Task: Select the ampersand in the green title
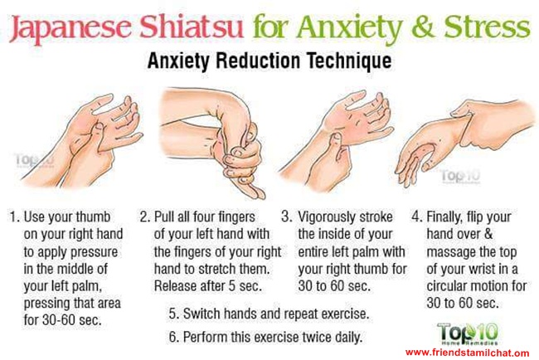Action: tap(425, 27)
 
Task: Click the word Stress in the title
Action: tap(487, 27)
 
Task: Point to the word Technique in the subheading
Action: tap(349, 61)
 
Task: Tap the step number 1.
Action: tap(13, 217)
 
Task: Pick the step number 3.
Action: tap(287, 217)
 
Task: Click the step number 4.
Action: tap(416, 217)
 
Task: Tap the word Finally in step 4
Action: tap(444, 218)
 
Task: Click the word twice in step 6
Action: tap(316, 338)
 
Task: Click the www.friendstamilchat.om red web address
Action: tap(467, 353)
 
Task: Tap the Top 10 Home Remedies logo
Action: tap(468, 333)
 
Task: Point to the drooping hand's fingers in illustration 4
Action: tap(412, 165)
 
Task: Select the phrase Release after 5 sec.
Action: tap(208, 286)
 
